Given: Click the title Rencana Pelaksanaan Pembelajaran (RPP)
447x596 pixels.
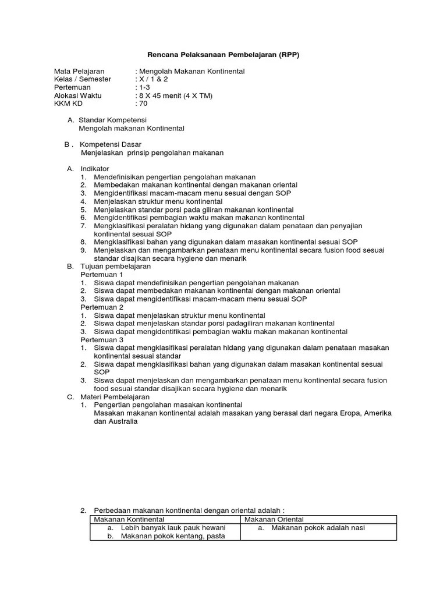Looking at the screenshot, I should coord(223,55).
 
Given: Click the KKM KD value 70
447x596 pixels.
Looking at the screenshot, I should coord(143,104).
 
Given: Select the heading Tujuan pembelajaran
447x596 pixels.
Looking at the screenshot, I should coord(115,266).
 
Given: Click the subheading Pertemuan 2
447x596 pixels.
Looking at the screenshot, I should coord(102,307).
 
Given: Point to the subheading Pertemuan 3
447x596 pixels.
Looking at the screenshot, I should coord(102,339).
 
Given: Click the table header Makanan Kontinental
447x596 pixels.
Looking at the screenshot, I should coord(129,519).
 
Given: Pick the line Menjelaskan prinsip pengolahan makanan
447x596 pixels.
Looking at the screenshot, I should coord(152,152).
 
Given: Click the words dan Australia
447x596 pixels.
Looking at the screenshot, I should coord(115,421).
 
